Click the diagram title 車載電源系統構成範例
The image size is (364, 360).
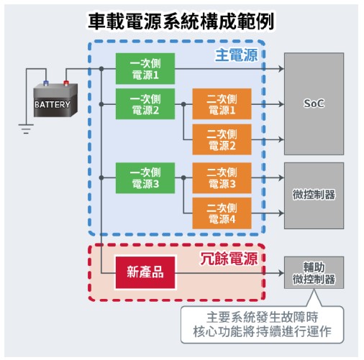click(x=181, y=22)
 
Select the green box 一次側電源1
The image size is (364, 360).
click(x=145, y=69)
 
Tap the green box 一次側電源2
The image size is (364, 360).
click(x=145, y=104)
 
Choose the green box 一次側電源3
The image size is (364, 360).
click(x=145, y=178)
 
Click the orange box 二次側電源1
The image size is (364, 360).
click(x=222, y=104)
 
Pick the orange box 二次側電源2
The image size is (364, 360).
click(x=222, y=139)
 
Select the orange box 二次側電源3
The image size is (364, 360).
click(x=222, y=178)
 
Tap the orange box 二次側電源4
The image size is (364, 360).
click(x=222, y=213)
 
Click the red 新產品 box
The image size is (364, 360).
click(x=145, y=272)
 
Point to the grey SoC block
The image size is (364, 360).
click(x=314, y=104)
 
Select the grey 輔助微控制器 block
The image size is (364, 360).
click(x=314, y=272)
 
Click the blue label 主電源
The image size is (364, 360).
click(x=237, y=55)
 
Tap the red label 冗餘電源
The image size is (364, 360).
click(x=229, y=259)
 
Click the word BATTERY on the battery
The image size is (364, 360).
click(x=53, y=104)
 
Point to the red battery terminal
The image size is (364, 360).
click(x=66, y=83)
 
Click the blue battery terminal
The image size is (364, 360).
click(x=46, y=83)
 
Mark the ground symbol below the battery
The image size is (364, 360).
click(x=26, y=129)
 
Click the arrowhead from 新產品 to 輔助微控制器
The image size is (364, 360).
click(x=281, y=272)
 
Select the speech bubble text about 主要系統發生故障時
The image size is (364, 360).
click(x=262, y=324)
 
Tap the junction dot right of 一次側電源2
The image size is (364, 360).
click(x=183, y=104)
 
